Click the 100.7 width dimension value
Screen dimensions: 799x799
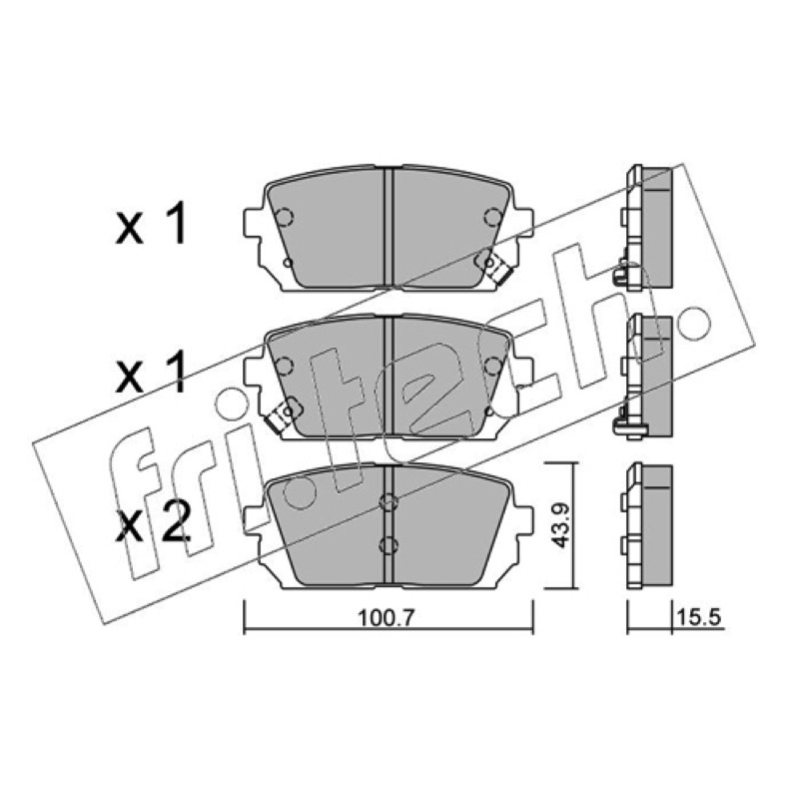pyautogui.click(x=388, y=618)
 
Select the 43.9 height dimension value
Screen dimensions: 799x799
pyautogui.click(x=561, y=524)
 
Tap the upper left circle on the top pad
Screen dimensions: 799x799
pyautogui.click(x=284, y=217)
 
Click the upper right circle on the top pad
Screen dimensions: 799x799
pyautogui.click(x=493, y=217)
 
